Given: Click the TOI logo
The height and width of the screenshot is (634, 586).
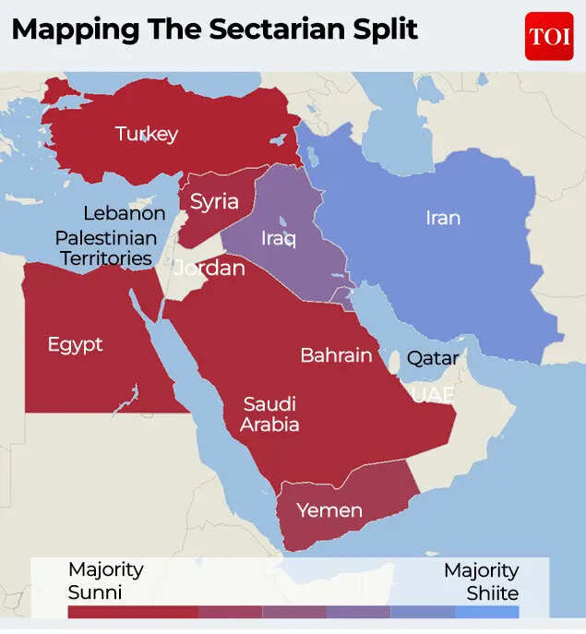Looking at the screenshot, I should click(x=549, y=36).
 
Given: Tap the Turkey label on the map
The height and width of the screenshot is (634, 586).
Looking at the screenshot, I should click(x=147, y=134).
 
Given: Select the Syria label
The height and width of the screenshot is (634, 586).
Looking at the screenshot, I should click(x=214, y=201).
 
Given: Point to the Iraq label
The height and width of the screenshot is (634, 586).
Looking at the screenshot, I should click(x=278, y=239).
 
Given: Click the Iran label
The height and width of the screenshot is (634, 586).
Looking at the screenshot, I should click(x=442, y=219).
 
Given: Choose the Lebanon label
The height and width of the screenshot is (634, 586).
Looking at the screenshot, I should click(x=125, y=213).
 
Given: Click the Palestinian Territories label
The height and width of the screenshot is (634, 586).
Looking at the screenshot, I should click(x=105, y=248).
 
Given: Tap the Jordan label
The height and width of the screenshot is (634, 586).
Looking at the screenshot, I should click(x=209, y=269).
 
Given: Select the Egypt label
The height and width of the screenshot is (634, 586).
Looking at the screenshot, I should click(x=75, y=345).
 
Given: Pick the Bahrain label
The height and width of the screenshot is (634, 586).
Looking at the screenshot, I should click(x=336, y=355).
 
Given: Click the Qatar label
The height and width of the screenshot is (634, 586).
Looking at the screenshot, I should click(x=433, y=358).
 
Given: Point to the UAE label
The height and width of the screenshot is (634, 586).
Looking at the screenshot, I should click(x=432, y=395).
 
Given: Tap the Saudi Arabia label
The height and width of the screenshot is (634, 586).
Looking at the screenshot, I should click(x=269, y=414).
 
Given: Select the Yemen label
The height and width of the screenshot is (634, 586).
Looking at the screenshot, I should click(x=329, y=510).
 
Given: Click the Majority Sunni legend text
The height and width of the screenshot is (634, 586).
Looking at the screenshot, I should click(x=105, y=580).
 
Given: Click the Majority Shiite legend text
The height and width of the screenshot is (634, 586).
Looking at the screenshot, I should click(x=481, y=580).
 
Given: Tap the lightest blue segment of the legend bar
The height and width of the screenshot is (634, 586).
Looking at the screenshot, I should click(x=486, y=612).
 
